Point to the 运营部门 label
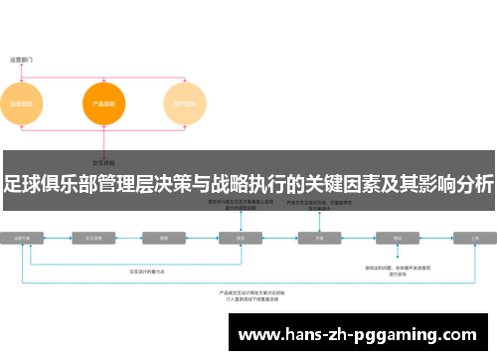pyautogui.click(x=22, y=60)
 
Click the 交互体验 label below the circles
pyautogui.click(x=104, y=162)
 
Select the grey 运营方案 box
pyautogui.click(x=22, y=239)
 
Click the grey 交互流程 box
pyautogui.click(x=96, y=239)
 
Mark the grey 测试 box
pyautogui.click(x=398, y=239)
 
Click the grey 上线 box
pyautogui.click(x=475, y=239)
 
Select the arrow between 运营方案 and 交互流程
pyautogui.click(x=59, y=239)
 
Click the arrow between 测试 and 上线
pyautogui.click(x=436, y=239)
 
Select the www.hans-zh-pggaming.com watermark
pyautogui.click(x=359, y=334)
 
